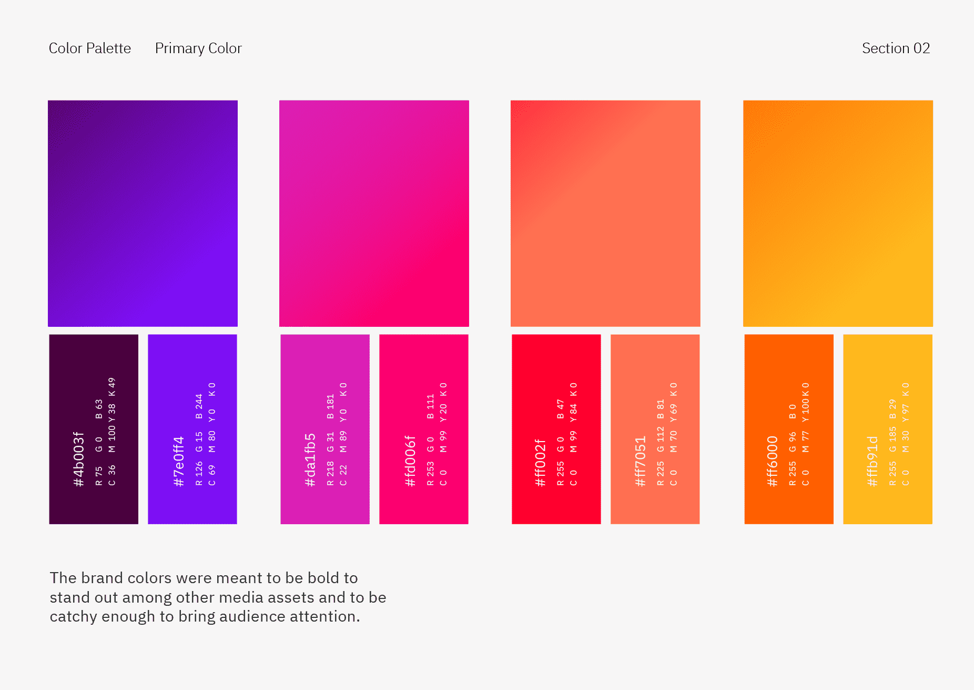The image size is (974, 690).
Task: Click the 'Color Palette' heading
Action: [90, 48]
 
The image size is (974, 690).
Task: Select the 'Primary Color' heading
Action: [198, 48]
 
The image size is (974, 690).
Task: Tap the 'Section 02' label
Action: [896, 48]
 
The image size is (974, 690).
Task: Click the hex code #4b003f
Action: [78, 459]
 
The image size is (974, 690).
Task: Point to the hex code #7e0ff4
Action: [178, 462]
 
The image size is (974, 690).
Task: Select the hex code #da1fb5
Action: [310, 460]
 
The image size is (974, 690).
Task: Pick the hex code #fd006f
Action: [410, 461]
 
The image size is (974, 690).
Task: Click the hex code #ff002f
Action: [540, 463]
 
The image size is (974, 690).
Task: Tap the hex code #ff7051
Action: [640, 462]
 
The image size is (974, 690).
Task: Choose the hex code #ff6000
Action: [772, 462]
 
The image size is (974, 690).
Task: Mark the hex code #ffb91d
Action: [871, 461]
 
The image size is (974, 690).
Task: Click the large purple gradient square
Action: [143, 213]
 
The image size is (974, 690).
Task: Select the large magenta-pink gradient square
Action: [374, 213]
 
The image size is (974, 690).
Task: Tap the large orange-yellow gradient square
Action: [838, 213]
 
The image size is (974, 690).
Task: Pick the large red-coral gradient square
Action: [605, 213]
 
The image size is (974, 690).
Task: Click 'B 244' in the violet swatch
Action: [199, 406]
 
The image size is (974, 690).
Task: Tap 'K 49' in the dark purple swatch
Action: [111, 387]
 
